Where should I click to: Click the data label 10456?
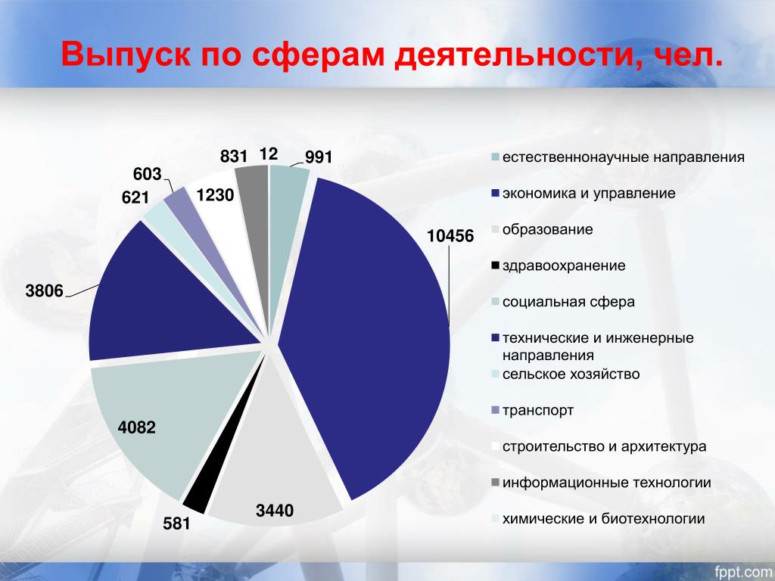[x=450, y=236]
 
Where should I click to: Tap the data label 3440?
[x=275, y=511]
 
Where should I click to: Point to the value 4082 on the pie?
[x=136, y=427]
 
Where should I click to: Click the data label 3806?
[x=45, y=290]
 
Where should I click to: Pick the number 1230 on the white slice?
[x=215, y=195]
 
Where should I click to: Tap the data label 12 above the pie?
[x=269, y=154]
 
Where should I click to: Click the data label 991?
[x=319, y=157]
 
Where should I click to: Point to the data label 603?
[x=148, y=174]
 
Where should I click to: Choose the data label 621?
[x=135, y=197]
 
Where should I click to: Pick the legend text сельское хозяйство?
[x=571, y=374]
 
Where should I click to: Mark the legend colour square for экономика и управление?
[x=496, y=194]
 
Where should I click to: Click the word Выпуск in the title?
[x=126, y=54]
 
